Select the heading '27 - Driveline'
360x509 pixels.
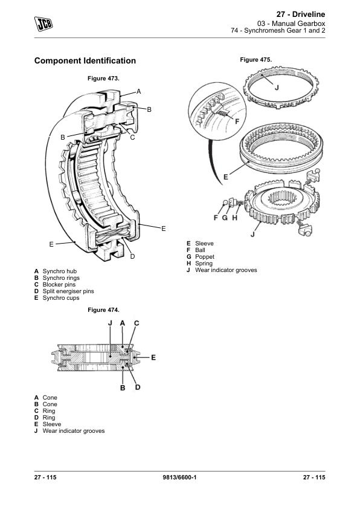(300, 13)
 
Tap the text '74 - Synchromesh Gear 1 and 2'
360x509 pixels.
(278, 31)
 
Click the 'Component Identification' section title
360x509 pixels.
(85, 61)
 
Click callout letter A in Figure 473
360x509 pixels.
(138, 91)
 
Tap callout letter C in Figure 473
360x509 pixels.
(132, 137)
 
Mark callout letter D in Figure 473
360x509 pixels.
(132, 257)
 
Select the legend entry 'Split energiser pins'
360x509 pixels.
(68, 291)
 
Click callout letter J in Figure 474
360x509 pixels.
(110, 323)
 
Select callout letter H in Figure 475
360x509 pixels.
(233, 217)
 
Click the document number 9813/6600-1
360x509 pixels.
(181, 479)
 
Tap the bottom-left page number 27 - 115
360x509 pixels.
(45, 479)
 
